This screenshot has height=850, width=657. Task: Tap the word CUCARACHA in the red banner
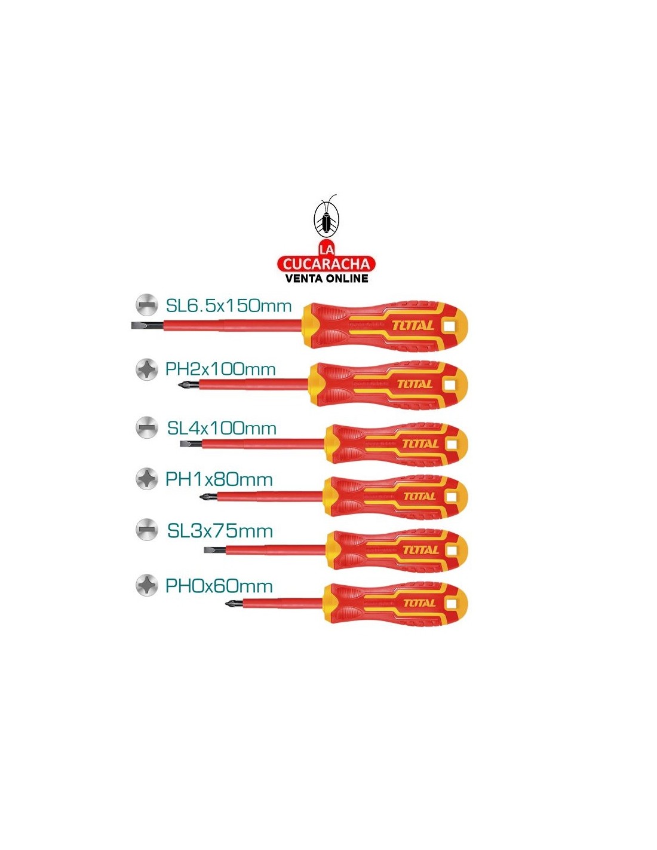pyautogui.click(x=326, y=264)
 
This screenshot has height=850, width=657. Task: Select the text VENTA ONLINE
pyautogui.click(x=327, y=279)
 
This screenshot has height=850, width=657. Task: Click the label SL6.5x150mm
pyautogui.click(x=229, y=306)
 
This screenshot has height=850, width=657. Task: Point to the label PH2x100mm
pyautogui.click(x=221, y=369)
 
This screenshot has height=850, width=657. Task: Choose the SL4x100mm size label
pyautogui.click(x=222, y=429)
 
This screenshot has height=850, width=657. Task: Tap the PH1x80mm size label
pyautogui.click(x=219, y=479)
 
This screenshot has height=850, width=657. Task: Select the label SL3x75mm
pyautogui.click(x=220, y=531)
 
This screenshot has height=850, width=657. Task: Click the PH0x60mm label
pyautogui.click(x=219, y=586)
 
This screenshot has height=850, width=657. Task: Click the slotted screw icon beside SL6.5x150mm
pyautogui.click(x=147, y=305)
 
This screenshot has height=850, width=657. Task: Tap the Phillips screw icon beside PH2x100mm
pyautogui.click(x=147, y=369)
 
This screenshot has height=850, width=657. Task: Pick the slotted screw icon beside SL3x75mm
pyautogui.click(x=147, y=530)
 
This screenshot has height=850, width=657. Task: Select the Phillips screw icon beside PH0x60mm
pyautogui.click(x=147, y=585)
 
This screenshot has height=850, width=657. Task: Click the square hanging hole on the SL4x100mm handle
pyautogui.click(x=452, y=444)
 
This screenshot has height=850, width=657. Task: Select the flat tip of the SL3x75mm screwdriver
pyautogui.click(x=210, y=550)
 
